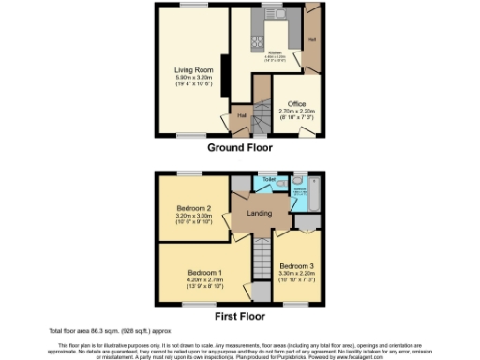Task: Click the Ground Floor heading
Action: [x=239, y=148]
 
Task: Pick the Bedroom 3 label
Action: [x=296, y=265]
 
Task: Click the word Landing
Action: [x=259, y=214]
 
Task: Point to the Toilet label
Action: [x=268, y=178]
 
